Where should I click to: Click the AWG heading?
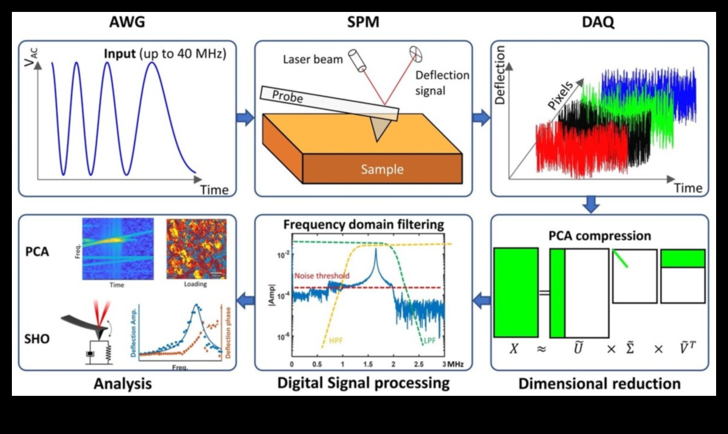point(127,23)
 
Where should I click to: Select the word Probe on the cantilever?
point(288,97)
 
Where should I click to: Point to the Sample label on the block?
point(382,169)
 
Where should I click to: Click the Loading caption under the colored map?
point(195,284)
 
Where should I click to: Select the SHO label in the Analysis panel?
point(37,340)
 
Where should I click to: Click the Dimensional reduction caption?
point(599,383)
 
